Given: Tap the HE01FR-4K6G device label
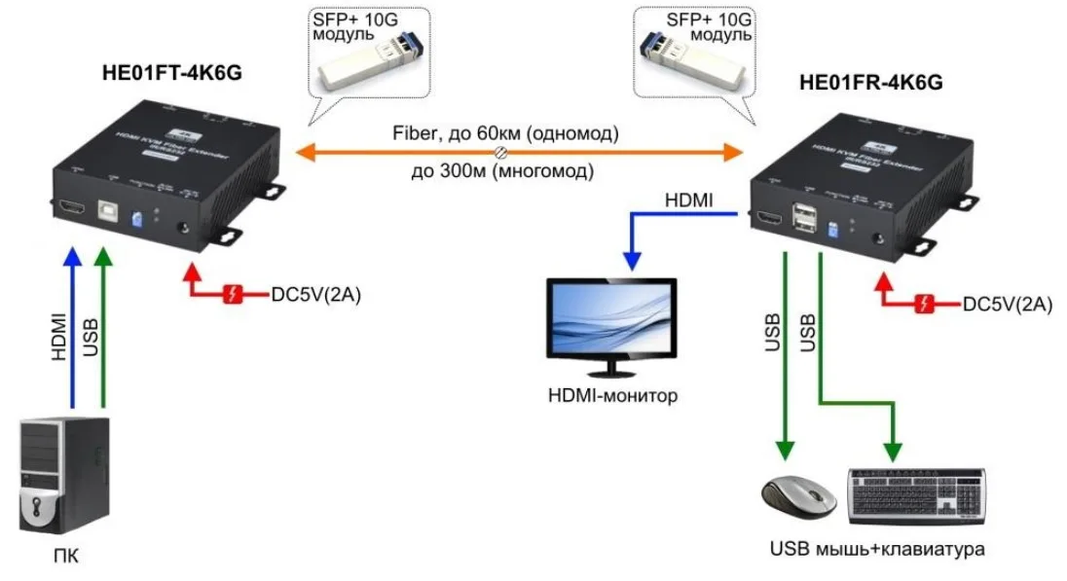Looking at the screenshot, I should coord(870,83).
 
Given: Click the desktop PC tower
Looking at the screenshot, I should coord(64,475).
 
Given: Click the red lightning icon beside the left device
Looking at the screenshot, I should coord(233,295).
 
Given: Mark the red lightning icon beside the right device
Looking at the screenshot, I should coord(925,304).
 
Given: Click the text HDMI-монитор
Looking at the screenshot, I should coord(612,396).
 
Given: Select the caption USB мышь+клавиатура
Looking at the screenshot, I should coord(876,550).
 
